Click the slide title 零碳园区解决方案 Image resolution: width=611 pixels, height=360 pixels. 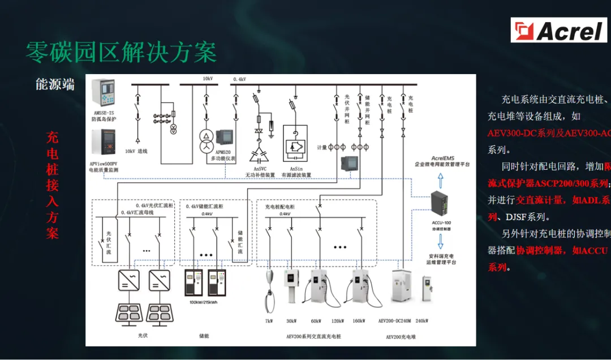pos(121,53)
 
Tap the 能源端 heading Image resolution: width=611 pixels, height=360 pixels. pos(55,84)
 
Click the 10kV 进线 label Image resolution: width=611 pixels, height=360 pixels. pos(136,151)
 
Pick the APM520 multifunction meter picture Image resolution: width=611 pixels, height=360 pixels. pos(225,139)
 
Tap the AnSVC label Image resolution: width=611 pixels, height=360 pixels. pos(260,168)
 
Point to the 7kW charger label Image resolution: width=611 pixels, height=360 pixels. pos(269,321)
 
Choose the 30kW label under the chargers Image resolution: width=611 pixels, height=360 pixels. pos(291,321)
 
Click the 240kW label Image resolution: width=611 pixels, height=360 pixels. pos(422,321)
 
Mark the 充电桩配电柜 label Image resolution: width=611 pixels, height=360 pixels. pos(280,207)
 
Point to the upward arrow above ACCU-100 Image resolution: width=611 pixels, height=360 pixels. pos(441,180)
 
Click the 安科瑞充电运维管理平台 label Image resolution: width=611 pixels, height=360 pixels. pos(441,259)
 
